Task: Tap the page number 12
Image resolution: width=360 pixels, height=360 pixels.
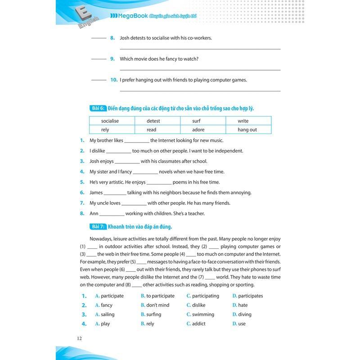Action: pos(80,338)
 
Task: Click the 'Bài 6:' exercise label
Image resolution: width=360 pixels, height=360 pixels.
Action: pos(98,108)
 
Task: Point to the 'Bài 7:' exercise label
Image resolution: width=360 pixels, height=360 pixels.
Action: pos(98,226)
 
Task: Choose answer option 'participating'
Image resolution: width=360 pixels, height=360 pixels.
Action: pos(205,296)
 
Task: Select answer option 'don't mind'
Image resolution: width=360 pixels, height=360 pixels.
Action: pos(157,305)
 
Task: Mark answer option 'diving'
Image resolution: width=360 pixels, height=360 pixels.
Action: pos(244,315)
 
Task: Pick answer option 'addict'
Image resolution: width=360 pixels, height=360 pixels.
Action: pos(198,324)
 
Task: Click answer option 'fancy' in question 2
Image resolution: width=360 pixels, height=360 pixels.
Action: pos(107,305)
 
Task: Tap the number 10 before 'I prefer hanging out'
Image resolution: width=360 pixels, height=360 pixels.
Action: pos(114,80)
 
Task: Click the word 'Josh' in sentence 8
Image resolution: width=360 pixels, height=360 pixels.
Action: pos(126,38)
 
